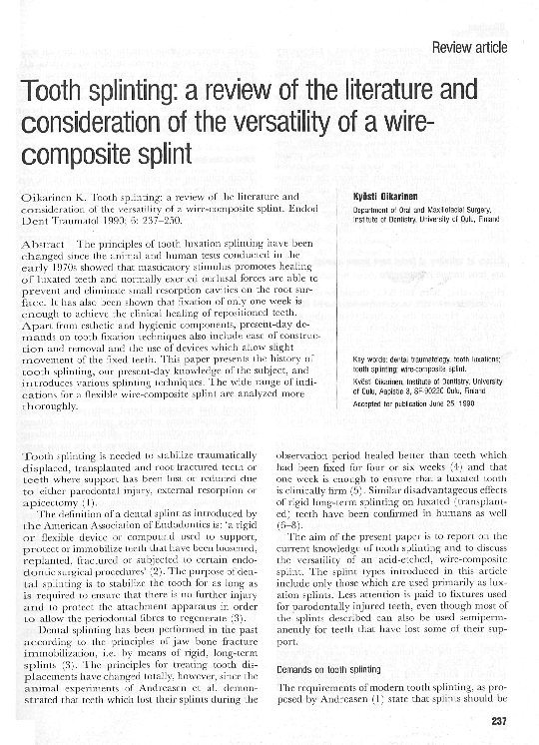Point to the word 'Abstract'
tap(43, 245)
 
